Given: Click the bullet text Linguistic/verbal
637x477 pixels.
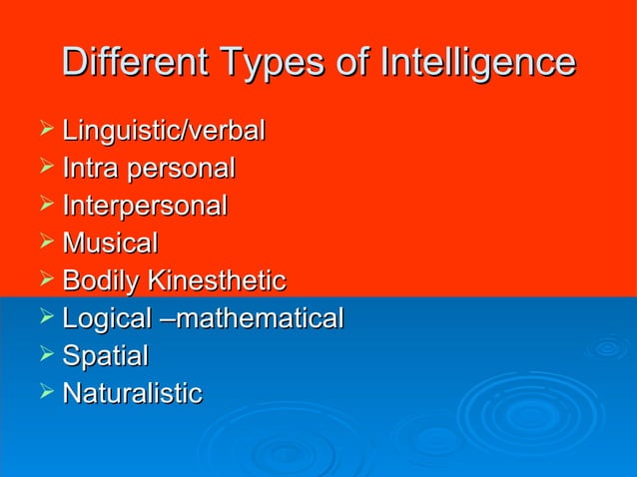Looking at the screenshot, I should click(x=163, y=131).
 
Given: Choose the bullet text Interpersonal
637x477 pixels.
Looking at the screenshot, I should click(x=145, y=207).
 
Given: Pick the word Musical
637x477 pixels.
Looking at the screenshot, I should click(x=110, y=243).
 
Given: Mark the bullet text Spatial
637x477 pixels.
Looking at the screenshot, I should click(x=105, y=356).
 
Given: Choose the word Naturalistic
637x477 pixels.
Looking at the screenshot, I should click(x=132, y=393).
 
